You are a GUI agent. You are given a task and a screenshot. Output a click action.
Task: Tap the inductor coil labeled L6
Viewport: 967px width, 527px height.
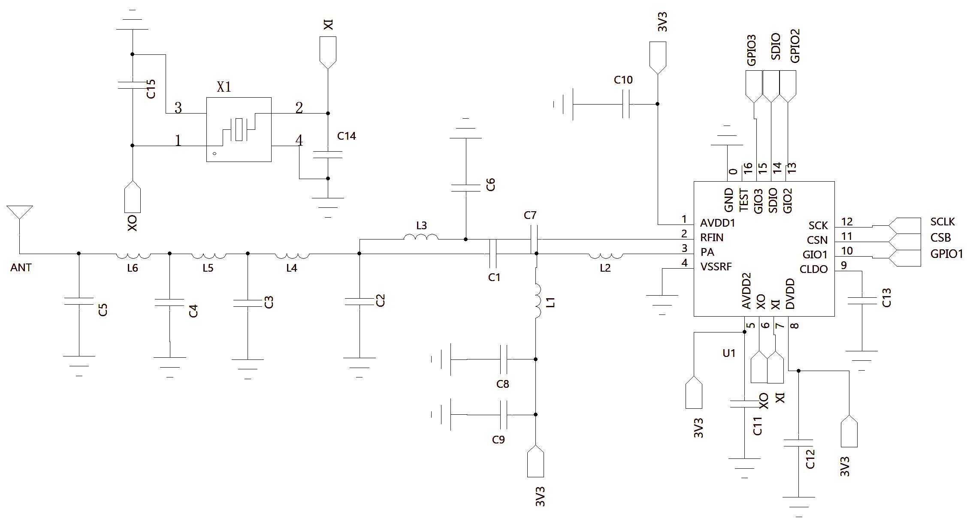coord(133,256)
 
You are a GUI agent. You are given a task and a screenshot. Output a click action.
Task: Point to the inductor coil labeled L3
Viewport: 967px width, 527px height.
coord(421,237)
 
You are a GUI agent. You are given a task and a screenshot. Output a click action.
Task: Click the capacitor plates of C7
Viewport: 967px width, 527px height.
coord(534,239)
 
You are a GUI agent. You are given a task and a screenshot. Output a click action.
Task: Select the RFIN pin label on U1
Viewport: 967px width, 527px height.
coord(712,237)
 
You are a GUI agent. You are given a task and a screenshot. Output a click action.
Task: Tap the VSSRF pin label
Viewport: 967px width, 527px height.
coord(716,266)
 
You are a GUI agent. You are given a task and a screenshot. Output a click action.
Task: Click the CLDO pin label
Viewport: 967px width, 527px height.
coord(814,269)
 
